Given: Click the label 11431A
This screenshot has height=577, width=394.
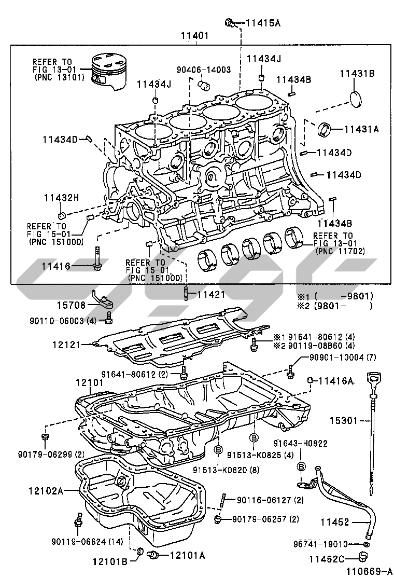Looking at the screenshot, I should (x=361, y=129).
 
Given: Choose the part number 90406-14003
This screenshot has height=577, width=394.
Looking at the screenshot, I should (x=204, y=69).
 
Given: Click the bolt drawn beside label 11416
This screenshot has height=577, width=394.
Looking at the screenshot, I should (x=97, y=258).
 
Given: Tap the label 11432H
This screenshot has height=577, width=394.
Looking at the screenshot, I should (x=61, y=197).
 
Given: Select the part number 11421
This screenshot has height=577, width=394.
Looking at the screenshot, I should (x=211, y=295).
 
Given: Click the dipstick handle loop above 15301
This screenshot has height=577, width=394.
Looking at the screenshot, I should (x=373, y=377).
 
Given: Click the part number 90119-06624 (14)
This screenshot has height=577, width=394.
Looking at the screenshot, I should (x=87, y=542).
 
